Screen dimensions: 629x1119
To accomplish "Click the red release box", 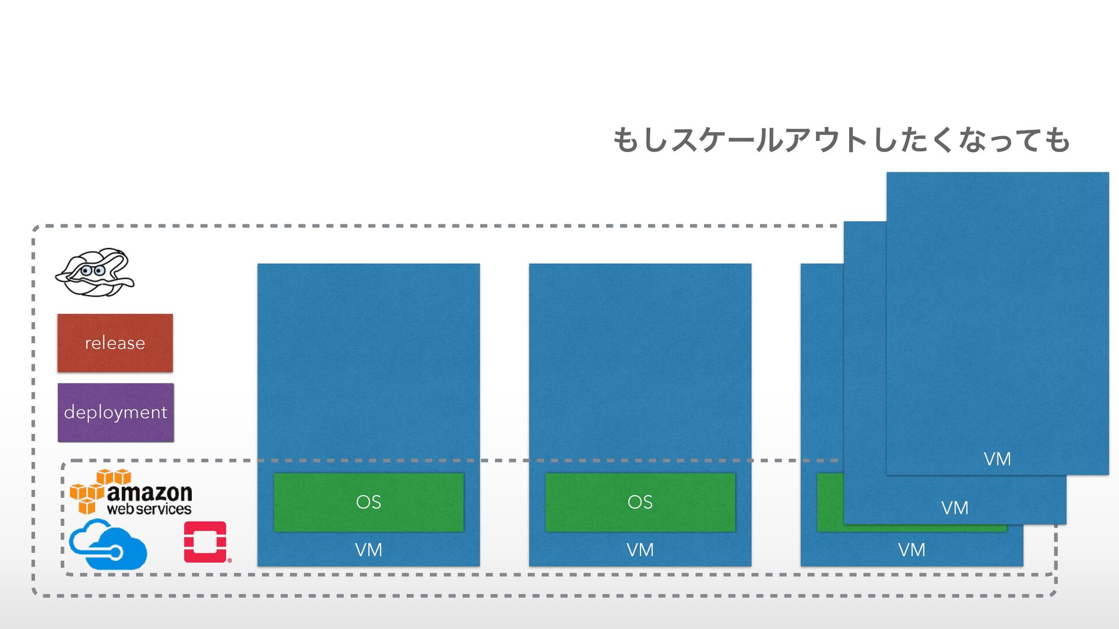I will [115, 343].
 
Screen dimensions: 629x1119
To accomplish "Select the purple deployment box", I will [115, 412].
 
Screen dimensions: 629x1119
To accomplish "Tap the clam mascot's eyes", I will [93, 271].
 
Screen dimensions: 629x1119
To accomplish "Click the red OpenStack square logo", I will [205, 542].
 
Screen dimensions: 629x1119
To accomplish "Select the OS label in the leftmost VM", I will [368, 502].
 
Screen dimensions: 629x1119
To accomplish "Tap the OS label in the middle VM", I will [640, 502].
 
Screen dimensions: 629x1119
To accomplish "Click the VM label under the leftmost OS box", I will [368, 550].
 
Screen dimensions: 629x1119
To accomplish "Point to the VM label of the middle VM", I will [640, 550].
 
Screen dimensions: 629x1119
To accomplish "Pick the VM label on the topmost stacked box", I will [997, 459].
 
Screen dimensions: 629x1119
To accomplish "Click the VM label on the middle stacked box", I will [955, 508].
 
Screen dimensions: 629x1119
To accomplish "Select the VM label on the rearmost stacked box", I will [912, 550].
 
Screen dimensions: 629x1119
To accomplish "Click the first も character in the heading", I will [626, 140].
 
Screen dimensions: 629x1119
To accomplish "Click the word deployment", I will [115, 412].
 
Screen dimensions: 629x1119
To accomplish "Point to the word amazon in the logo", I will [150, 493].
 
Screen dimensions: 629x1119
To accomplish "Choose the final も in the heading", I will [1057, 140].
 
